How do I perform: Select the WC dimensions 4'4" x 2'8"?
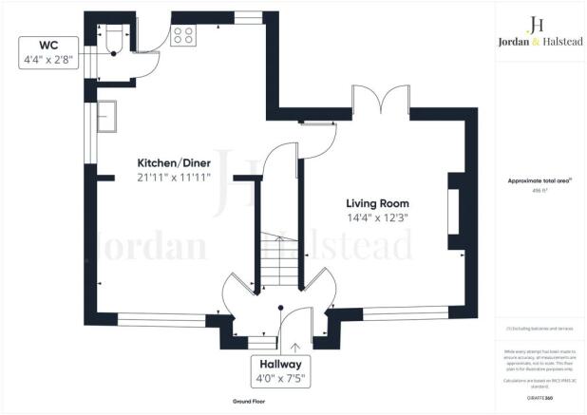point(47,62)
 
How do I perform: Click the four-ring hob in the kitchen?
point(182,36)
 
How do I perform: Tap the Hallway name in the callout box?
point(276,365)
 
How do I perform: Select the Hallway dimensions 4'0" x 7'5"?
point(276,380)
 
